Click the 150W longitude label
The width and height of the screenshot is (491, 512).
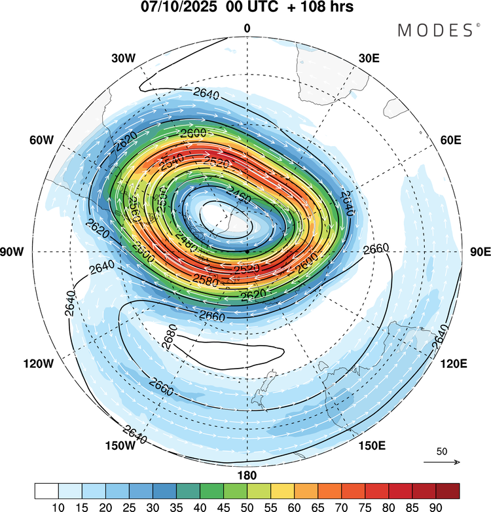coord(120,446)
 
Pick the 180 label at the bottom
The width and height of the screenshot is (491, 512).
coord(247,475)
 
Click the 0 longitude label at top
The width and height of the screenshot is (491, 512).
coord(247,28)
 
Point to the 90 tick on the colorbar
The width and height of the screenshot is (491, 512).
coord(436,506)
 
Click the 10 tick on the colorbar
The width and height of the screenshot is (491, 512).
coord(59,506)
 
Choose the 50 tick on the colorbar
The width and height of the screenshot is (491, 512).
coord(247,506)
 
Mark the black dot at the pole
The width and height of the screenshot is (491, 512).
coord(247,251)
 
